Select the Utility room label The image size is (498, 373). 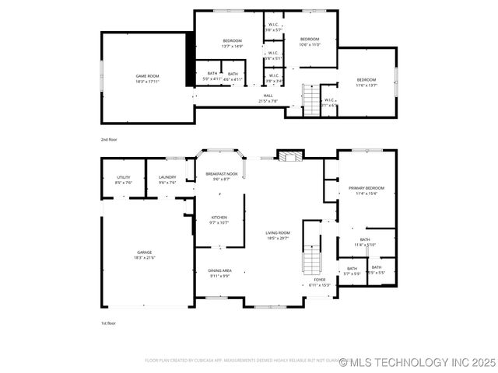tap(124, 180)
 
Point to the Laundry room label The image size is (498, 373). tap(167, 180)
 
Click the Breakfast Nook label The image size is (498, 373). tap(222, 176)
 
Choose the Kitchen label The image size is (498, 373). tap(219, 220)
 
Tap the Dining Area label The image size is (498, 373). tap(219, 273)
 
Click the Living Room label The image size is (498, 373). tap(278, 235)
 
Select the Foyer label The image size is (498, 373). tap(320, 282)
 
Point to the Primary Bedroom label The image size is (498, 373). tap(366, 190)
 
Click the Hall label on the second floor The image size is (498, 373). tap(268, 98)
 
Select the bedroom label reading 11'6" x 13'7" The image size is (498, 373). tap(366, 82)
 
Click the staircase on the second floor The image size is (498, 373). tap(311, 100)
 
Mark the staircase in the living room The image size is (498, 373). tap(311, 260)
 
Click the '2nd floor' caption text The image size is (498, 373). tap(109, 139)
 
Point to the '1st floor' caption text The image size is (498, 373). tap(108, 322)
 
